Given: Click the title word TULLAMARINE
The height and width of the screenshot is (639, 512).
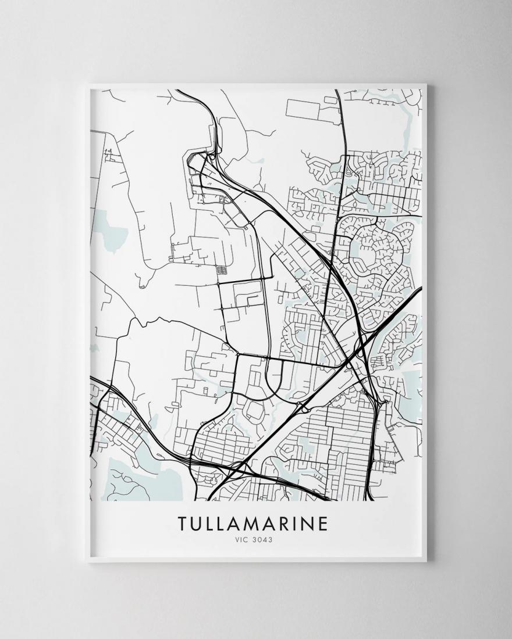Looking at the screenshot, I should tap(253, 523).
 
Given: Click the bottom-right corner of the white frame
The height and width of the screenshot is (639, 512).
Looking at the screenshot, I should tap(426, 562).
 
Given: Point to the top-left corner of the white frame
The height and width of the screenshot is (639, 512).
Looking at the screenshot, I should tap(86, 85).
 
